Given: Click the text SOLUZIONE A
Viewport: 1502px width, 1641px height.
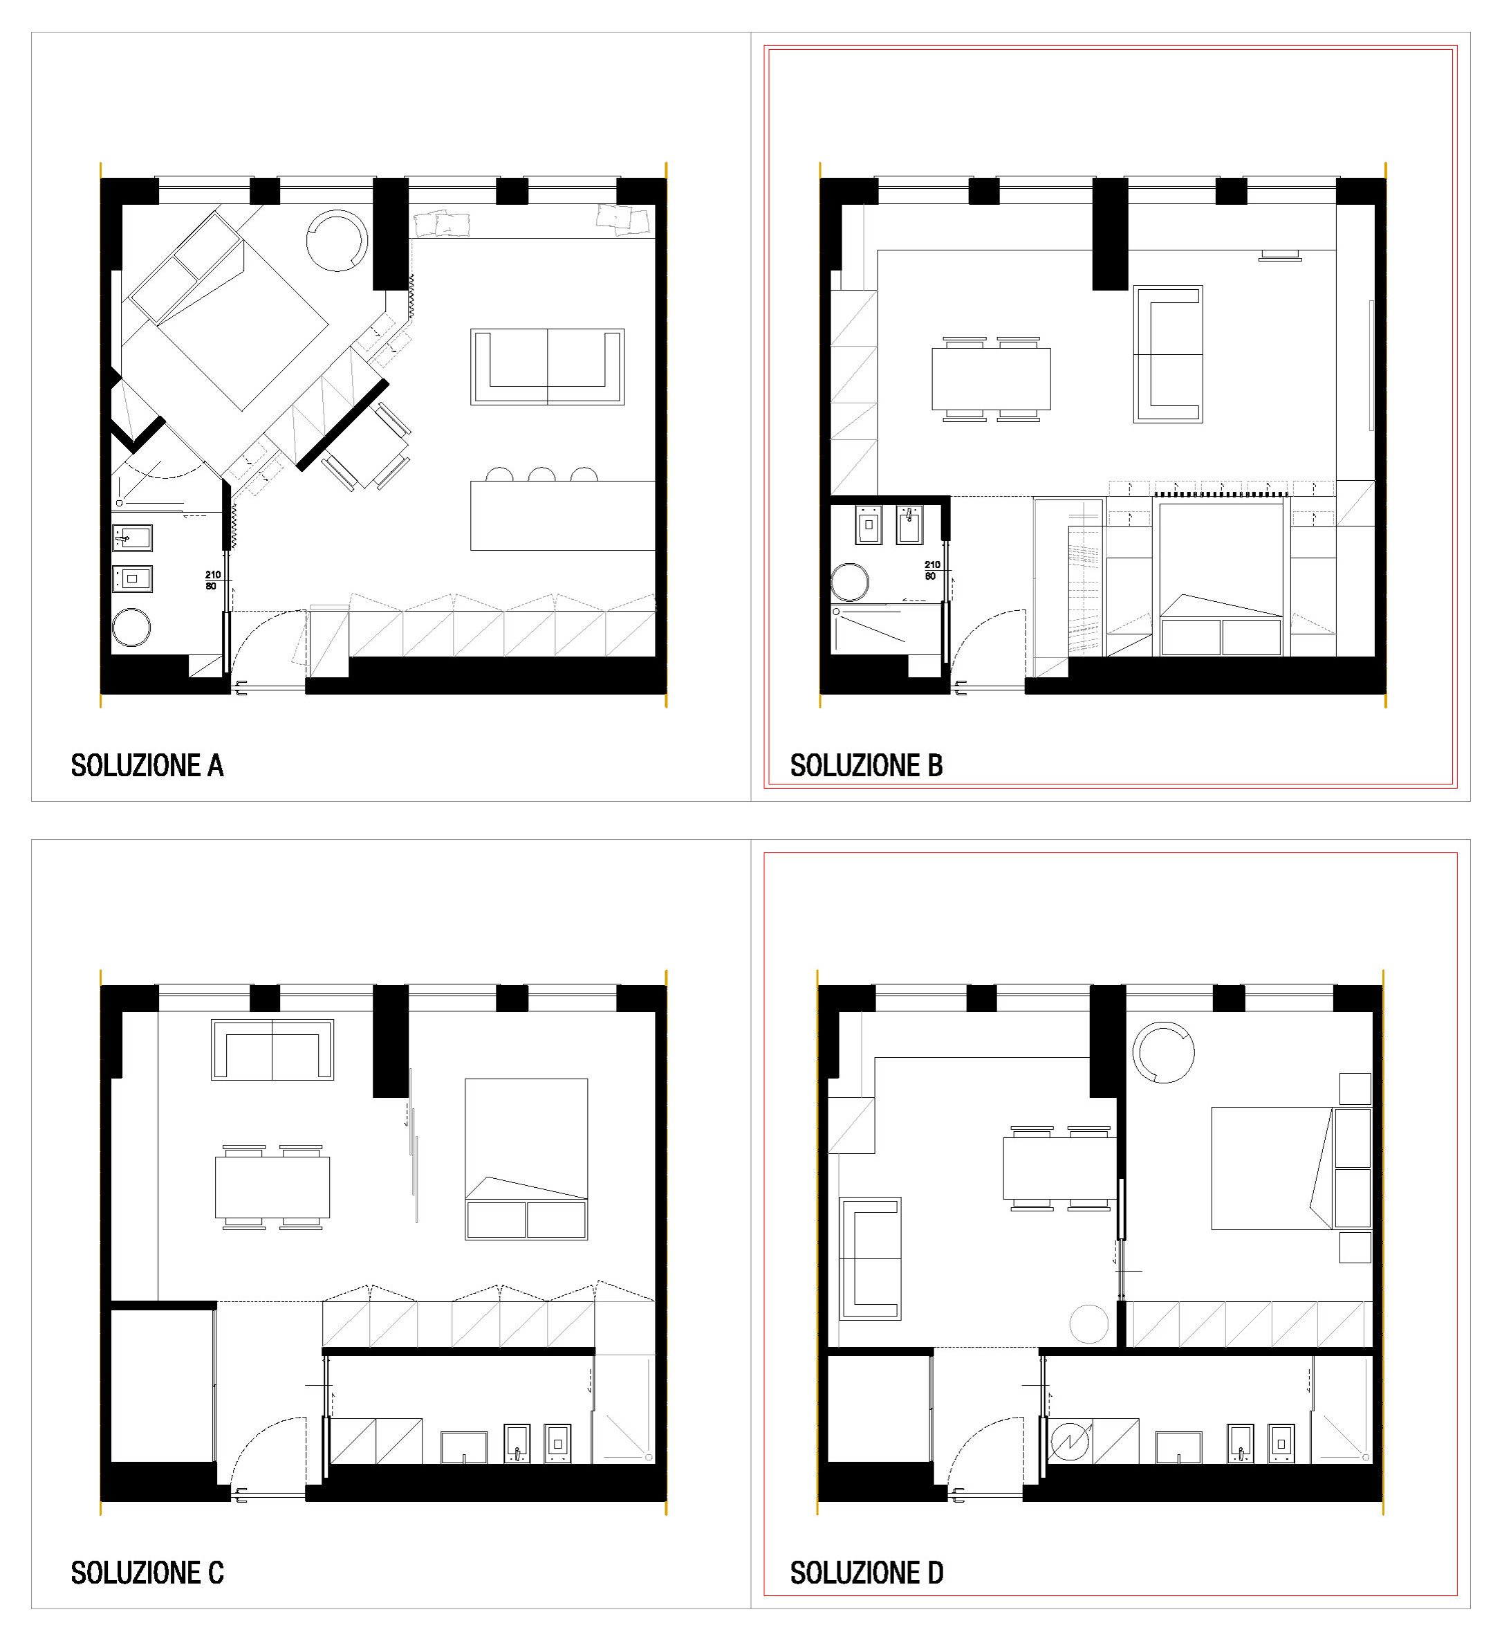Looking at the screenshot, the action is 147,767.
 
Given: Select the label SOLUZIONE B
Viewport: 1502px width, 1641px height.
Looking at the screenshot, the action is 866,767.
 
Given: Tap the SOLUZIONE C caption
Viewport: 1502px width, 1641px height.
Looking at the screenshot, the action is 147,1573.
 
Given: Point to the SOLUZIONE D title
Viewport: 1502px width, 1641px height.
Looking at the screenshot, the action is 866,1573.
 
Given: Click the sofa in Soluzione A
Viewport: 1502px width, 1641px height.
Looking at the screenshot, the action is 548,367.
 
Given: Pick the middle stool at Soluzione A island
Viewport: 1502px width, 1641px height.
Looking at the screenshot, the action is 542,475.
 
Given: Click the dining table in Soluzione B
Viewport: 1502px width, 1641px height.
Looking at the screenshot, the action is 991,379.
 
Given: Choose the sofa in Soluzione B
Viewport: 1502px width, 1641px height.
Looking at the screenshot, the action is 1169,355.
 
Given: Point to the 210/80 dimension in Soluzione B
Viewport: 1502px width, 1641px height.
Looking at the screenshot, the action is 931,571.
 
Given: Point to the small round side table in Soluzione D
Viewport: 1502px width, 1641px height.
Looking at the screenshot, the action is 1089,1324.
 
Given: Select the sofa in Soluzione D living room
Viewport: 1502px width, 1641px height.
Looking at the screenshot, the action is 871,1259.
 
